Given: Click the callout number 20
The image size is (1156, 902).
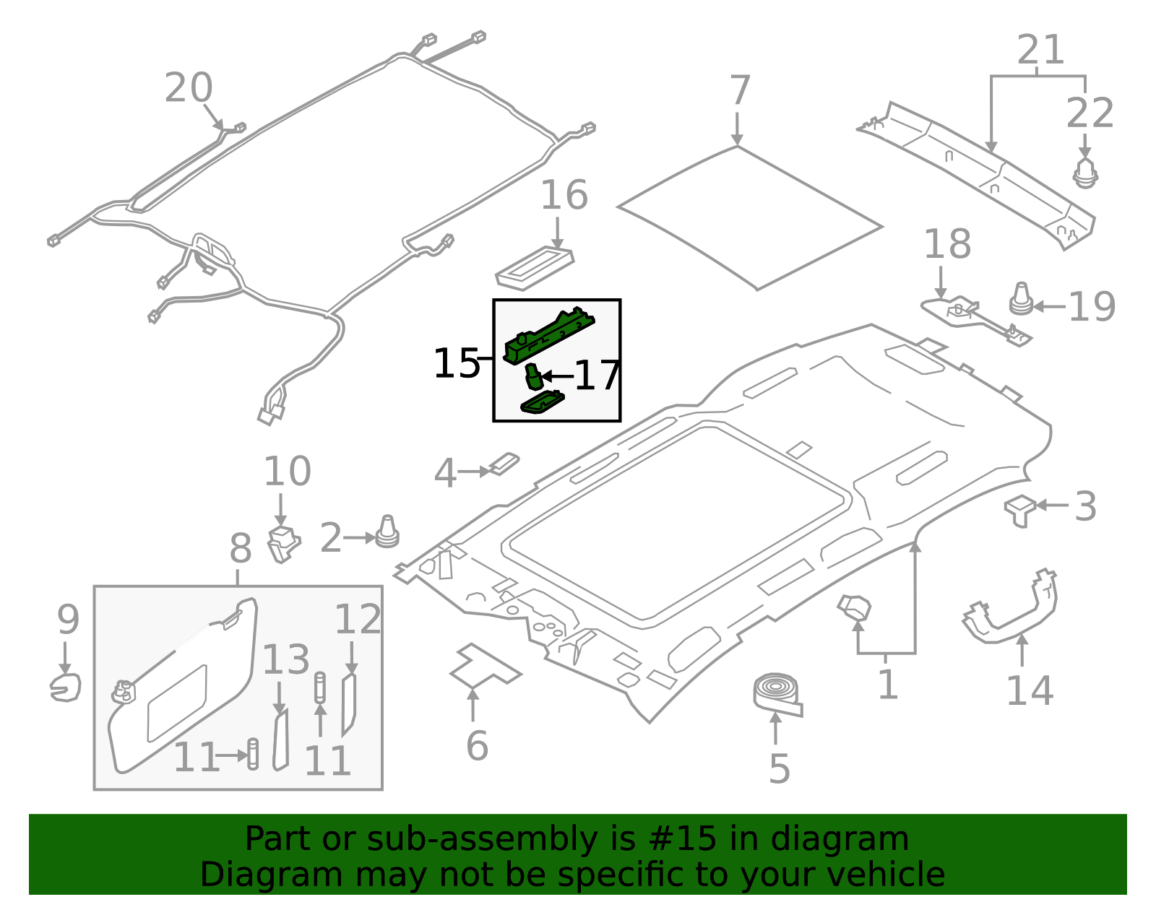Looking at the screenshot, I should (189, 88).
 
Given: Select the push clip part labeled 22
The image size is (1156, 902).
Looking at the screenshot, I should (1084, 173).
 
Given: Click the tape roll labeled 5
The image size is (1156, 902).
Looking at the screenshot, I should (777, 693).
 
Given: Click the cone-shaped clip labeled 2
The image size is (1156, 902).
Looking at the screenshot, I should (387, 532).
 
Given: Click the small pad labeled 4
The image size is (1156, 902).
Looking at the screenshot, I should (504, 464).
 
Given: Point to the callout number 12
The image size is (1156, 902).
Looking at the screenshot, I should (358, 619).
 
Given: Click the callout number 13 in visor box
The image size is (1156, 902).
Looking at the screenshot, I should (286, 659).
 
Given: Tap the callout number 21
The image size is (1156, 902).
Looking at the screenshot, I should (1040, 50).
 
